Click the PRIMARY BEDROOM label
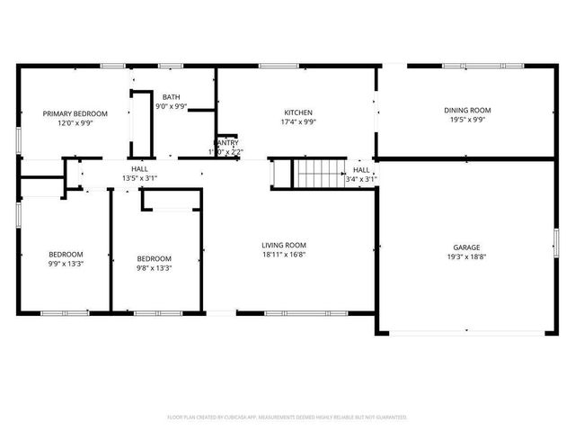tap(75, 113)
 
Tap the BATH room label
tap(171, 96)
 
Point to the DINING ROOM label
tap(467, 110)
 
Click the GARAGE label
tap(466, 247)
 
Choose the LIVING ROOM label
tap(284, 245)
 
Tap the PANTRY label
tap(226, 143)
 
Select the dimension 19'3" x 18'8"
tap(466, 256)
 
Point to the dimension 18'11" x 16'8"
tap(284, 255)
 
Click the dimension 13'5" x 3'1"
tap(139, 178)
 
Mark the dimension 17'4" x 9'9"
tap(297, 123)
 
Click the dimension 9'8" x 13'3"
tap(154, 267)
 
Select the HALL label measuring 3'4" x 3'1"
tap(361, 169)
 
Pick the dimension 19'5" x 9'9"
tap(467, 120)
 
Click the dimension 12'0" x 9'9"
tap(75, 123)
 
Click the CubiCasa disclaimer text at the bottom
tap(287, 417)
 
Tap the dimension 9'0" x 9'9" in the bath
tap(171, 106)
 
